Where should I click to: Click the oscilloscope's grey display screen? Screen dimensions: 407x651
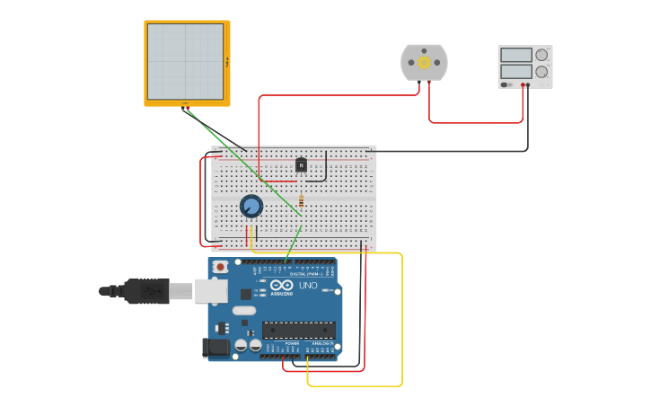185,61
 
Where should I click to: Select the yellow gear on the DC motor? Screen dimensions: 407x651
424,63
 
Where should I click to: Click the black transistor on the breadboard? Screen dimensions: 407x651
301,164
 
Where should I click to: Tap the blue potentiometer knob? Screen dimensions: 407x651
251,207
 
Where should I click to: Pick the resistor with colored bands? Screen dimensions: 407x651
301,200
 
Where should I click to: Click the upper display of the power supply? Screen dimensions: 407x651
516,55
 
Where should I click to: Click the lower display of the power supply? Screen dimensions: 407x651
516,71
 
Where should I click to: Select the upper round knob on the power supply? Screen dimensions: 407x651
541,55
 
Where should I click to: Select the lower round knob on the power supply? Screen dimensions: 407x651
541,72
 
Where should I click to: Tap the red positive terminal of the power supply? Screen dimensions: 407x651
523,85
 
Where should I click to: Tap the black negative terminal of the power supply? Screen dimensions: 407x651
528,85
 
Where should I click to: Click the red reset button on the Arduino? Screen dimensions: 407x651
220,267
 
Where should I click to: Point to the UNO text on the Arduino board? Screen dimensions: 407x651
308,286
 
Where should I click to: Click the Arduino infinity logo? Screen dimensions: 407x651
282,286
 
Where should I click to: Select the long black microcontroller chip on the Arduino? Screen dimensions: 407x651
298,330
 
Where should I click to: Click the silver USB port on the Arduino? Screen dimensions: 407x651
210,291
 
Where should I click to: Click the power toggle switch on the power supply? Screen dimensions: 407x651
506,84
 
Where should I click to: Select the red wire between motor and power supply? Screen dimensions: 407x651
476,121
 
